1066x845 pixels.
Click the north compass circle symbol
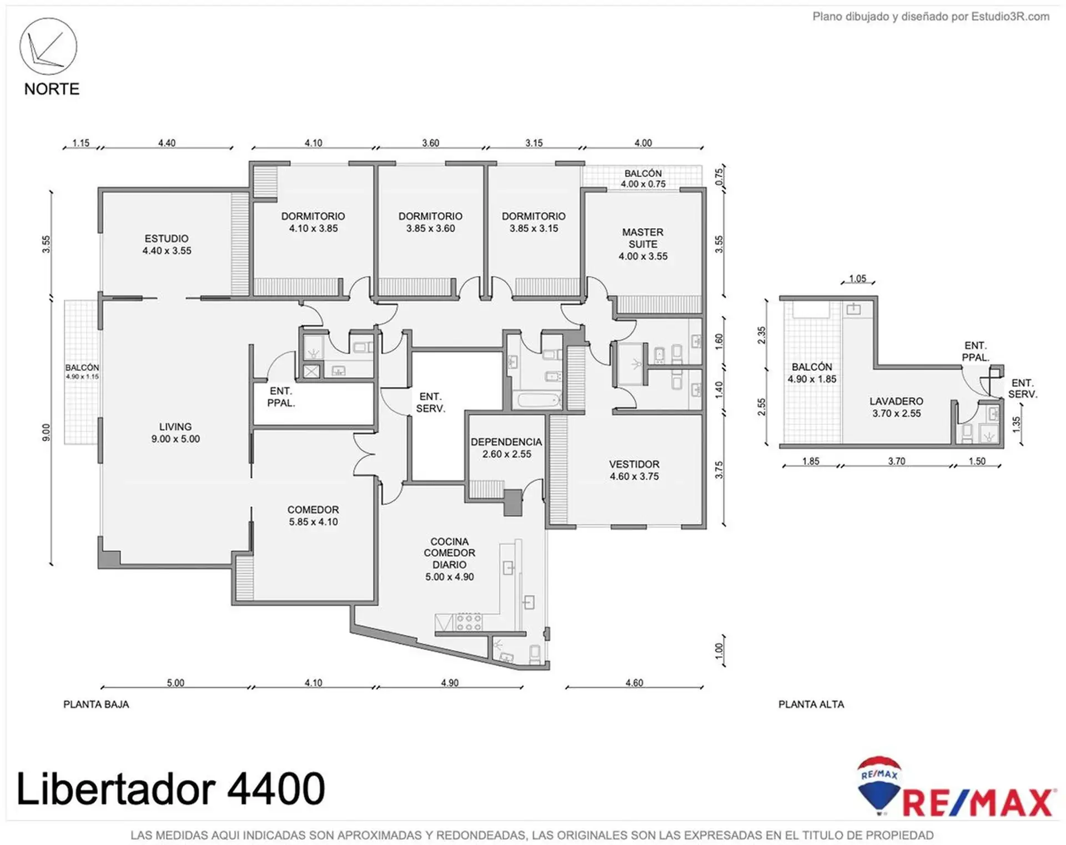click(x=48, y=46)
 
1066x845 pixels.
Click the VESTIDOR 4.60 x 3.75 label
click(x=634, y=470)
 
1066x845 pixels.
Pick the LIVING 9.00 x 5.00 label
click(x=175, y=432)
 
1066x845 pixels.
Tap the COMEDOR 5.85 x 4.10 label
click(x=313, y=516)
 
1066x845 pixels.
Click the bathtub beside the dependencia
click(x=539, y=400)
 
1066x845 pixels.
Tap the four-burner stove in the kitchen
click(x=469, y=622)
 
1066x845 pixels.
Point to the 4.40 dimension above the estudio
click(x=167, y=143)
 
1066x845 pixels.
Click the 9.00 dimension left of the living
click(x=46, y=433)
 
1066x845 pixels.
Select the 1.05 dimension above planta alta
click(x=858, y=279)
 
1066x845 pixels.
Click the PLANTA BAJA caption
click(x=96, y=705)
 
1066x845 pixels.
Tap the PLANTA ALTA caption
click(x=811, y=705)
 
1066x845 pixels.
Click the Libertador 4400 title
click(x=170, y=788)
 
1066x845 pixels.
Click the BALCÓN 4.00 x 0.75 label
click(x=643, y=179)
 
